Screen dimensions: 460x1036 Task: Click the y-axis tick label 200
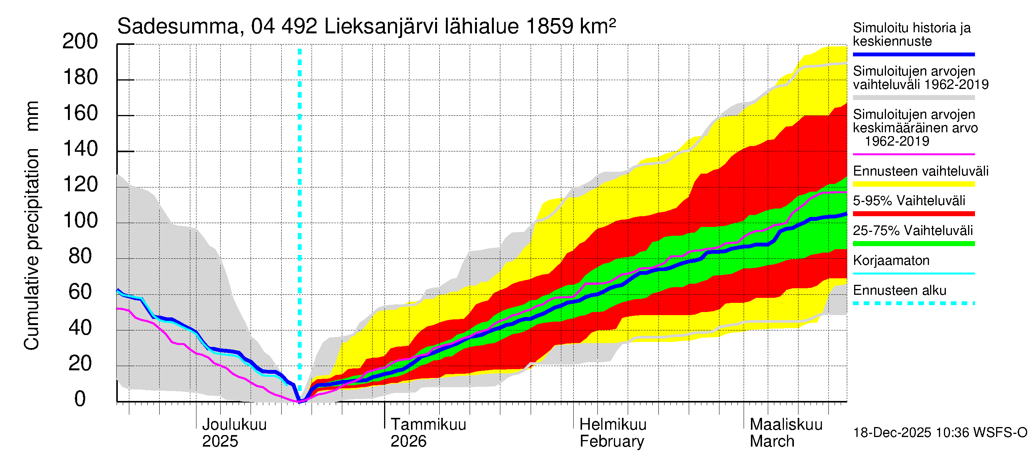80,41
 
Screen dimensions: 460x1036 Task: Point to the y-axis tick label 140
80,149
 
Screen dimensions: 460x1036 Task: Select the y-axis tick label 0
80,399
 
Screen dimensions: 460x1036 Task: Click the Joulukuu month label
234,425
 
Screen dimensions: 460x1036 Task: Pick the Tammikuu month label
428,425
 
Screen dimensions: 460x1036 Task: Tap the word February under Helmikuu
611,442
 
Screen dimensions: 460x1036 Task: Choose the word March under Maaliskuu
772,442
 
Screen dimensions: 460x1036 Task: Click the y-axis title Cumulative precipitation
31,249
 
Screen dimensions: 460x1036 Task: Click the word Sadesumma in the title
178,27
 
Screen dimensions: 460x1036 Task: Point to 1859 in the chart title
549,27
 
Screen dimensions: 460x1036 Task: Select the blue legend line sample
913,54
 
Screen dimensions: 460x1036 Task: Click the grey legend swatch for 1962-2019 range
913,98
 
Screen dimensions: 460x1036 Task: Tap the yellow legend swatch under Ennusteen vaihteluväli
913,184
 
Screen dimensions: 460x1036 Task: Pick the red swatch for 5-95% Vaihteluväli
913,214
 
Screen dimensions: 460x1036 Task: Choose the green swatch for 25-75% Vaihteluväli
913,243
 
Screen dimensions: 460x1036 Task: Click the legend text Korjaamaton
891,261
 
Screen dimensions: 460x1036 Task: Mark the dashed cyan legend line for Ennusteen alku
913,303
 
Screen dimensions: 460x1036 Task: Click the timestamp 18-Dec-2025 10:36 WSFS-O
940,433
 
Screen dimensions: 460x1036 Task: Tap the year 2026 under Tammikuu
408,442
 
